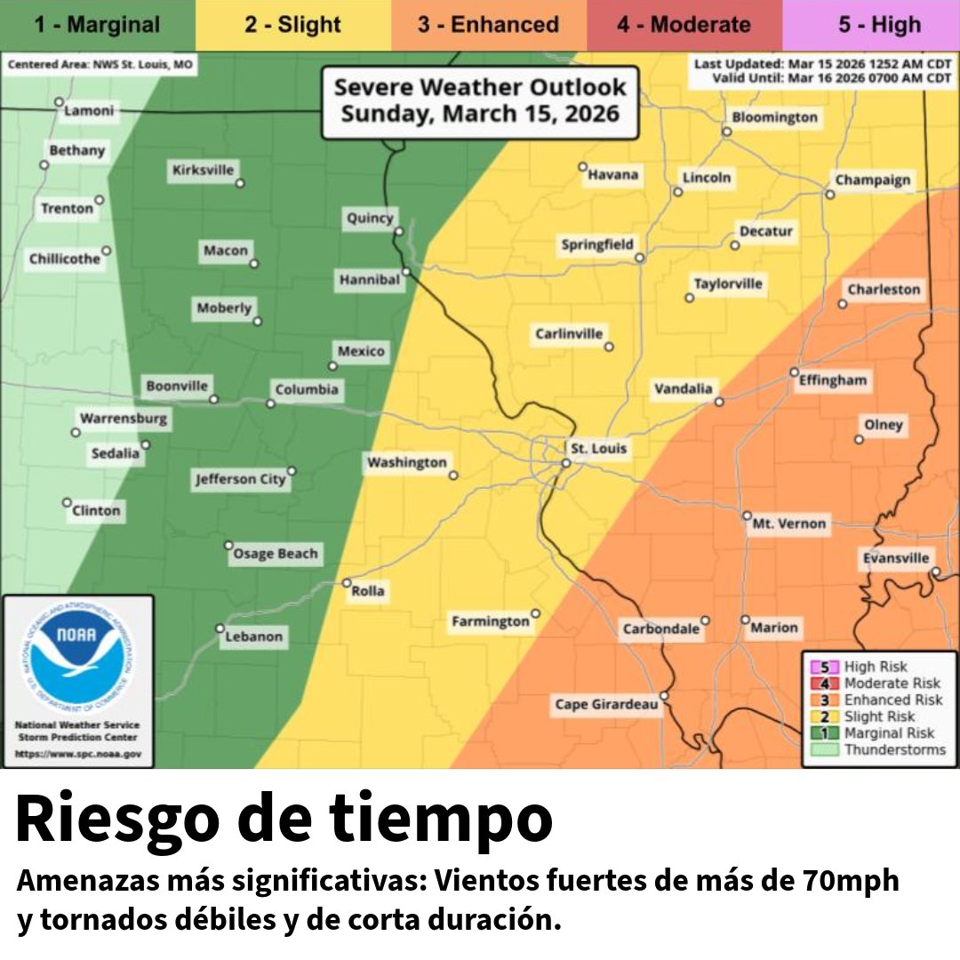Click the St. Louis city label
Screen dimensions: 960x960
click(x=598, y=448)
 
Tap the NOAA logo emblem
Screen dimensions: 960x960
click(x=77, y=657)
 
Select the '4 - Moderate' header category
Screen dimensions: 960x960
click(x=684, y=24)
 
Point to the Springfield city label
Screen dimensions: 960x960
click(x=597, y=244)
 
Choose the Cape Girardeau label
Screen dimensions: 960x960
click(x=607, y=705)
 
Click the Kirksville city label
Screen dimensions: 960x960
click(x=203, y=170)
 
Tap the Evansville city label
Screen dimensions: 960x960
click(x=896, y=558)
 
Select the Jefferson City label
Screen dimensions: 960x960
click(x=241, y=479)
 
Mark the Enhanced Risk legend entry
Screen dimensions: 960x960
click(x=892, y=700)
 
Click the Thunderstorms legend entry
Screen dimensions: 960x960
click(x=894, y=750)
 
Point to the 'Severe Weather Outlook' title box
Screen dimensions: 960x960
click(x=480, y=100)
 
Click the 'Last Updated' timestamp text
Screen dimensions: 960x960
click(x=822, y=64)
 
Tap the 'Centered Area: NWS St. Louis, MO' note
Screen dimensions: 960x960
click(x=100, y=65)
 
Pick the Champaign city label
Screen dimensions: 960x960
click(x=873, y=180)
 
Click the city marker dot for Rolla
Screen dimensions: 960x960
click(x=347, y=583)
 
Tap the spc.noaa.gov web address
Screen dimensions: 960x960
click(x=77, y=754)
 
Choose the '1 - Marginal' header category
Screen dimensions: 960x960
click(x=97, y=24)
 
